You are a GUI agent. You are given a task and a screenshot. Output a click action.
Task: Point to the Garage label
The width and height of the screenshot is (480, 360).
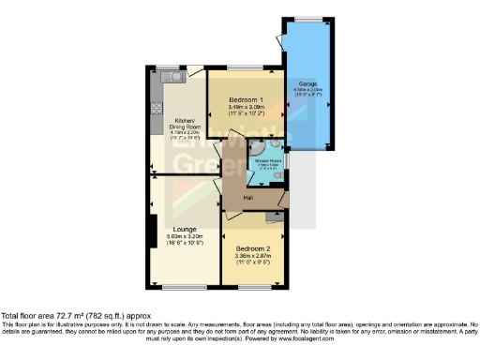(x=307, y=83)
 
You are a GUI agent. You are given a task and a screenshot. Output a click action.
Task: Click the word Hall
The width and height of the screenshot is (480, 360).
(x=247, y=198)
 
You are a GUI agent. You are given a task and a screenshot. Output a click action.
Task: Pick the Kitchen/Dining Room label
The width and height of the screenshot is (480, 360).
(x=184, y=125)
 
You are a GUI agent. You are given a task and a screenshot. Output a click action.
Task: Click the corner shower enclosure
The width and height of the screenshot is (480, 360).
(x=259, y=147)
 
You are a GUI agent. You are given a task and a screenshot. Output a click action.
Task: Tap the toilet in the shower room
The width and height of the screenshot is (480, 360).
(x=278, y=177)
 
